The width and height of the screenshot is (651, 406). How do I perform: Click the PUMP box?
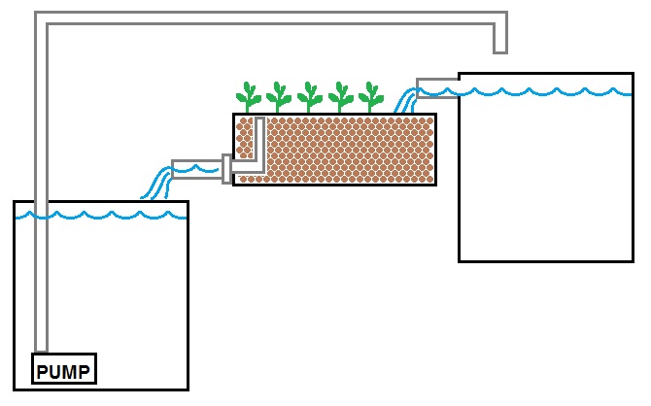point(64,369)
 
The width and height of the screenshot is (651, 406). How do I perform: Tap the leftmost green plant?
point(249,97)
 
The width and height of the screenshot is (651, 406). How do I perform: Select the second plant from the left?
point(279,97)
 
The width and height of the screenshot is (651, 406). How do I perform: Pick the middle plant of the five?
point(310,97)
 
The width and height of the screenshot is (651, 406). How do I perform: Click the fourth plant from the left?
point(340,97)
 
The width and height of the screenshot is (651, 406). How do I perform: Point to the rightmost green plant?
point(370,97)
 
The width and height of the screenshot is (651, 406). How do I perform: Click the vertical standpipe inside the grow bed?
point(259,141)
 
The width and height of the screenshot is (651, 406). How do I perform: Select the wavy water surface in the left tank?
point(97,215)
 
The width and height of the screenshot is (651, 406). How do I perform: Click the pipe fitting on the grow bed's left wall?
point(227,169)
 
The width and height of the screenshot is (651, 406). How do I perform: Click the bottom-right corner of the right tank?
point(633,260)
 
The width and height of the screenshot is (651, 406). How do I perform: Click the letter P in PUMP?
point(43,370)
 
